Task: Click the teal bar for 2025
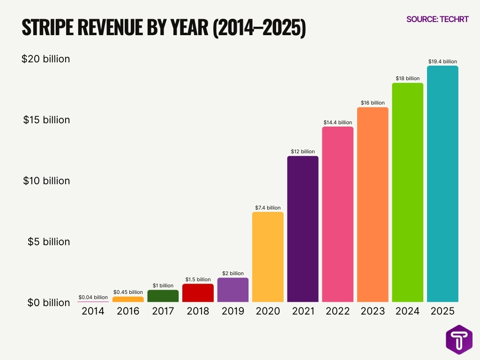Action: (x=442, y=184)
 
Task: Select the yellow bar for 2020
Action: (x=268, y=257)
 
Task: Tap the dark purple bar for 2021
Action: (x=303, y=229)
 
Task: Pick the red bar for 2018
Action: (x=198, y=293)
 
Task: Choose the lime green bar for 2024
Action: (x=407, y=192)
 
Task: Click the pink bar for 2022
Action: (x=337, y=214)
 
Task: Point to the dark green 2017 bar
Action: (x=163, y=296)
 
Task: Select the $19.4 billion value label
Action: (x=442, y=61)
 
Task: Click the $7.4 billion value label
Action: (x=268, y=208)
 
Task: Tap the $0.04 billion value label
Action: (x=93, y=297)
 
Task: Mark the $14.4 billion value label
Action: (x=337, y=122)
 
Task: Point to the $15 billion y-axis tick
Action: (x=46, y=120)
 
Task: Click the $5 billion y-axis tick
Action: (x=48, y=242)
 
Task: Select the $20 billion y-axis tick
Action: (x=45, y=59)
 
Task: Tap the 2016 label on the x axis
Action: (x=128, y=311)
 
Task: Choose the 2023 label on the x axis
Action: (x=373, y=311)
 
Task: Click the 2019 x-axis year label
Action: (x=232, y=311)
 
